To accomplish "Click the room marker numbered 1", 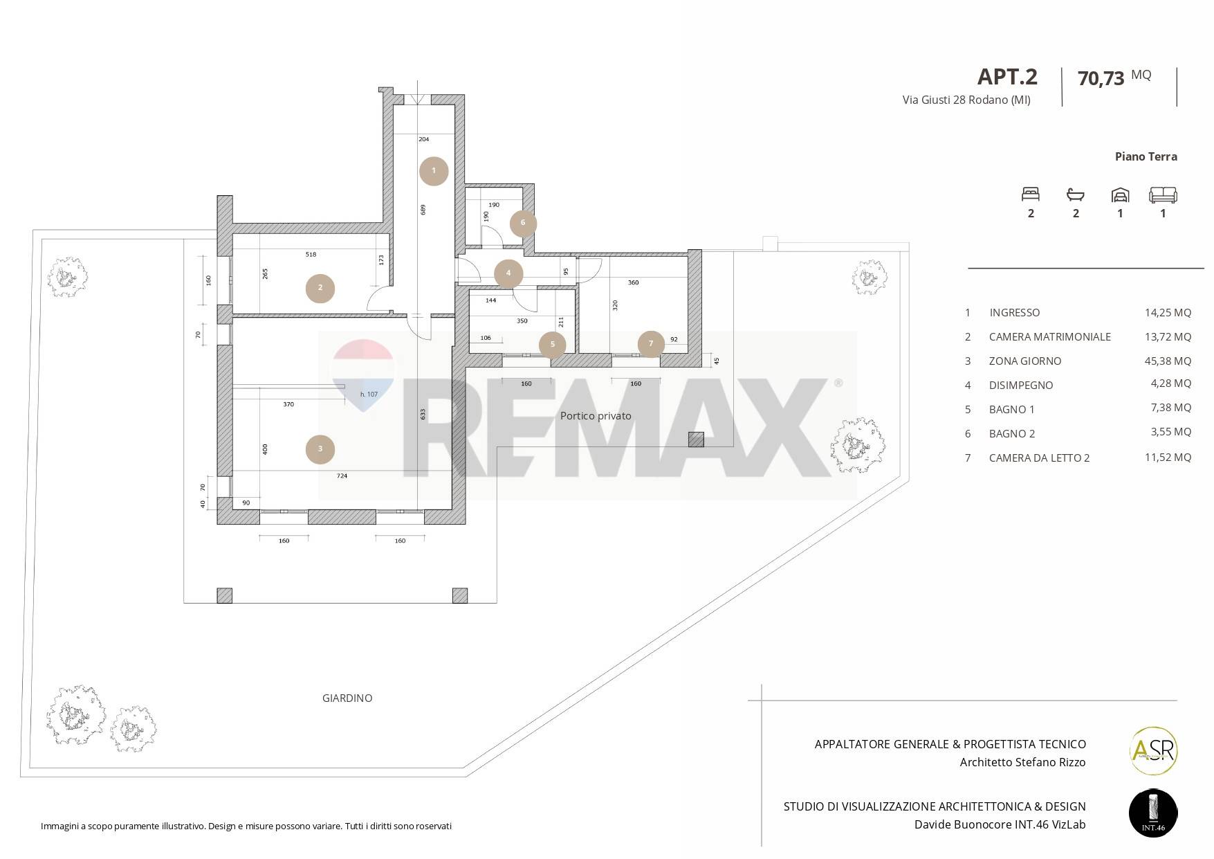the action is coord(434,171).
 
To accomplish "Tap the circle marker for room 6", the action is coord(523,223).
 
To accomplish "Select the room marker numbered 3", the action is coord(320,449).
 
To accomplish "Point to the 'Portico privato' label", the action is coord(596,416).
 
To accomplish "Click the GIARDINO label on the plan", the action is coord(347,698).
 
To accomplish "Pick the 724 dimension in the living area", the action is coord(342,476).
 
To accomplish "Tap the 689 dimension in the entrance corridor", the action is coord(423,209).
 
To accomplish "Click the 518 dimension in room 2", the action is coord(311,255).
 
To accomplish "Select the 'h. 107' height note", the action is coord(369,395).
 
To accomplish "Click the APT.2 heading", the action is coord(1007,76).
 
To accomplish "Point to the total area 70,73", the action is coord(1101,78).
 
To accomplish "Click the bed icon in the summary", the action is coord(1031,195).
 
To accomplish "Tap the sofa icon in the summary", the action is coord(1163,195).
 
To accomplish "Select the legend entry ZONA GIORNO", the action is coord(1025,361).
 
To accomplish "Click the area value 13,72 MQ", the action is coord(1168,337).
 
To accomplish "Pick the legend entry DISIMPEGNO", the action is coord(1021,386).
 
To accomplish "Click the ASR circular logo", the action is coord(1153,750).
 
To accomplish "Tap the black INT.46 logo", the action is coord(1153,813).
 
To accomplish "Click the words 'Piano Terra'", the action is coord(1146,156).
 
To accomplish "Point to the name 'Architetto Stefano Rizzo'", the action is coord(1023,763).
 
